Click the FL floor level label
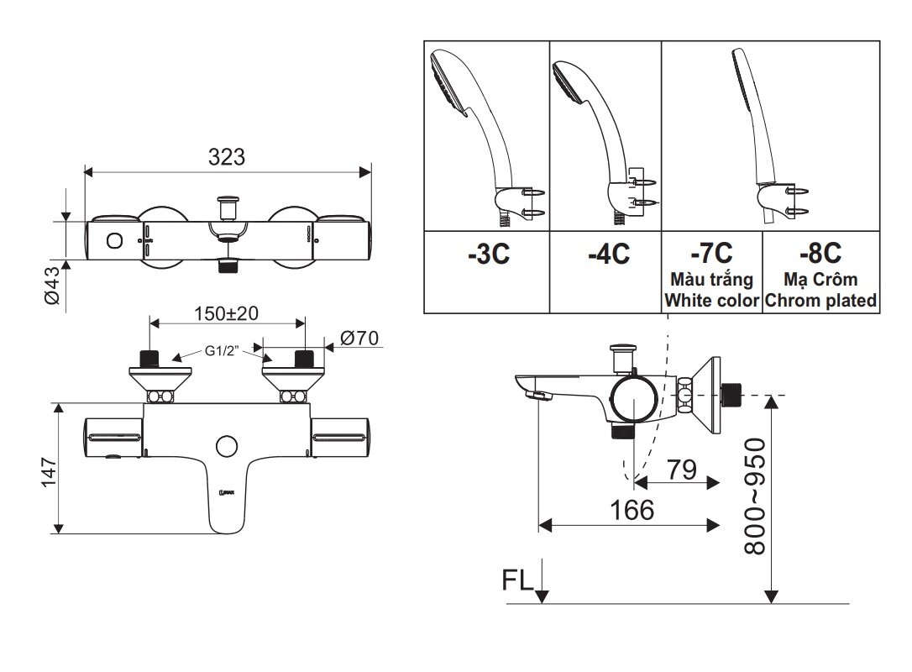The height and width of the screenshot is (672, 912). point(517,580)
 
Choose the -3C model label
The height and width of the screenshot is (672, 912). point(488,255)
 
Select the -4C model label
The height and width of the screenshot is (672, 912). point(608,255)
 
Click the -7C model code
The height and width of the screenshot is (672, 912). point(710,252)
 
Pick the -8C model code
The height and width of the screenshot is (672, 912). point(820,252)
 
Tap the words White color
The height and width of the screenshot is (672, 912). point(711,300)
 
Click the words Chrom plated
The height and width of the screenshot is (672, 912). point(820,300)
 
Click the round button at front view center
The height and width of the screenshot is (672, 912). point(226,445)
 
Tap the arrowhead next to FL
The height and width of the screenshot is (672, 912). point(542,595)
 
